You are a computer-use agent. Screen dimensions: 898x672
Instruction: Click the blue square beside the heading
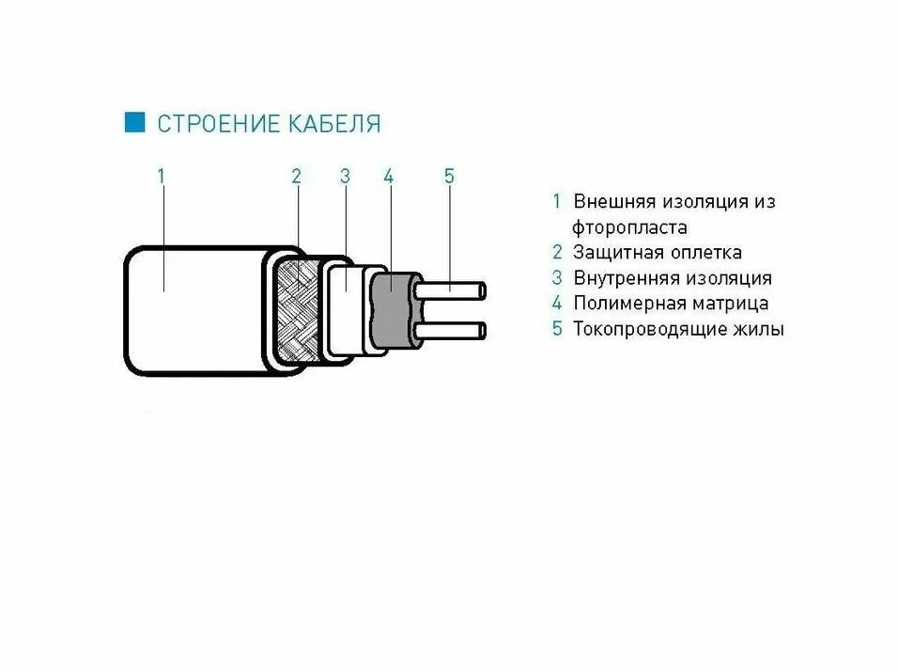135,122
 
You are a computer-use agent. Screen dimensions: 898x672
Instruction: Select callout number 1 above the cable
162,175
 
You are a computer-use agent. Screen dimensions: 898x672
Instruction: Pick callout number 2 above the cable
296,175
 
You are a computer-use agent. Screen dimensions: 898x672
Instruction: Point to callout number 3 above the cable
345,175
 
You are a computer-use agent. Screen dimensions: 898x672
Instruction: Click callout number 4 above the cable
388,175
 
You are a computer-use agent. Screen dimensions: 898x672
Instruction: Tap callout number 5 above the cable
449,175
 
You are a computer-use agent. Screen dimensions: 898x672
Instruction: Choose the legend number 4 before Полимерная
557,304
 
